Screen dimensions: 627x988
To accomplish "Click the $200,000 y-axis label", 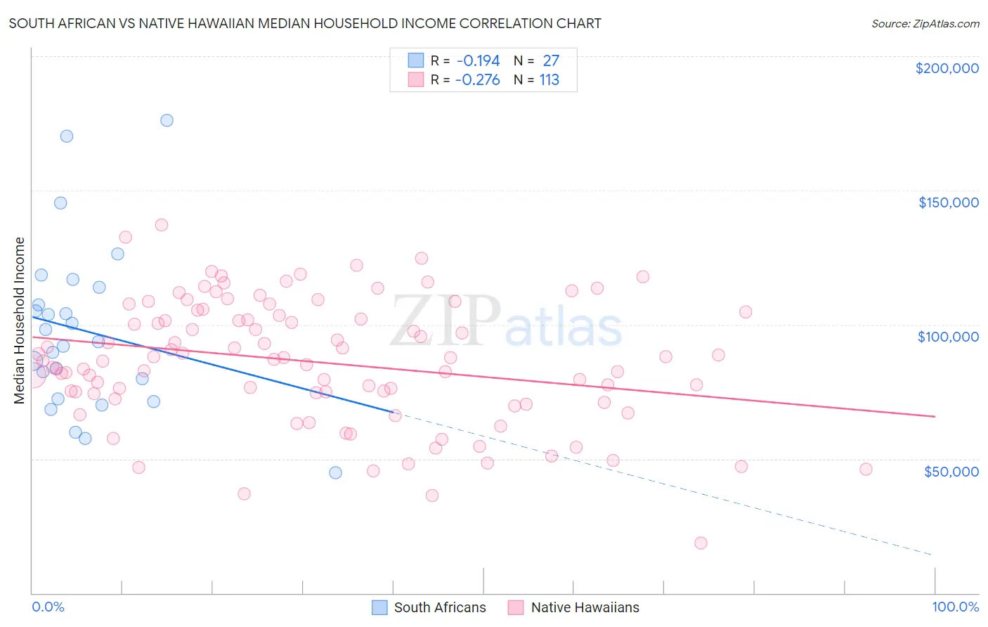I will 947,68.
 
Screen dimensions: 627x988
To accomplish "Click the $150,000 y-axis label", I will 948,202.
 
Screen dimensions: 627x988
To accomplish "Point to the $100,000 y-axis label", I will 948,337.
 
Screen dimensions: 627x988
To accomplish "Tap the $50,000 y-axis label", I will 951,471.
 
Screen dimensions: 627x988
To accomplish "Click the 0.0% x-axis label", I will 48,607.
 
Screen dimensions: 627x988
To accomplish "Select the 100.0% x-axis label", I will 955,607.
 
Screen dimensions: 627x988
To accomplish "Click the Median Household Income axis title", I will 19,321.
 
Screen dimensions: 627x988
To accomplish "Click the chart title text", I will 305,23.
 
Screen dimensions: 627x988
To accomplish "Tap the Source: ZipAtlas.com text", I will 925,23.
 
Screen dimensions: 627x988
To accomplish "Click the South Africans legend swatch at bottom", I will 379,607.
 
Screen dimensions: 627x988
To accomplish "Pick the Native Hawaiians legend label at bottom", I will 585,607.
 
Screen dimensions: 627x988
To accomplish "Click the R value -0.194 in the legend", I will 478,61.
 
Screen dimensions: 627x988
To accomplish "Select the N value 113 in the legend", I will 549,80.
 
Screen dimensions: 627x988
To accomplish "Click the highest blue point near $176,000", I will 167,120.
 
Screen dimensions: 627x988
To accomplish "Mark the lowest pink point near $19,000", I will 701,543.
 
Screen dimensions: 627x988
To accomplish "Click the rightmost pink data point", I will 866,469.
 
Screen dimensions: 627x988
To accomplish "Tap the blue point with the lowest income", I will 335,472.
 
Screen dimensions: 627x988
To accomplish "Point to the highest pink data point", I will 162,225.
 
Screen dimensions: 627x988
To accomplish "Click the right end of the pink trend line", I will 935,417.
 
